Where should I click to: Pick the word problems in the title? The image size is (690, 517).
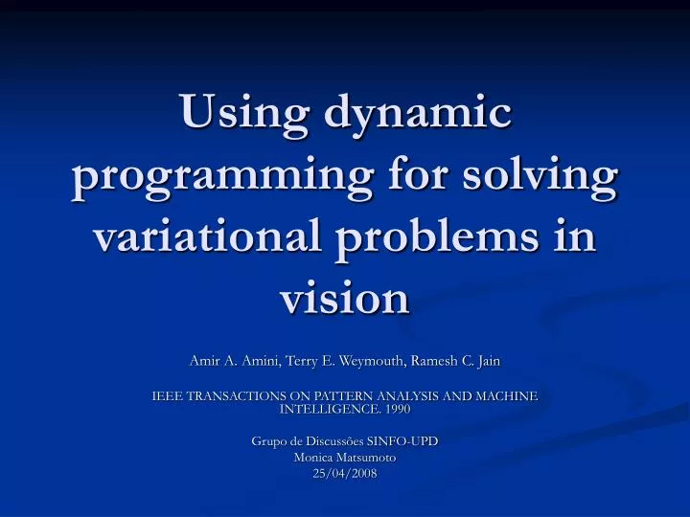[x=447, y=239]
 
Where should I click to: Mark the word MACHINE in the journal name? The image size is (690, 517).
[x=502, y=395]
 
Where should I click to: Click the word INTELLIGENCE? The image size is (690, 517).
[x=325, y=409]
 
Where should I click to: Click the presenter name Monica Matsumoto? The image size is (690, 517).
[x=344, y=458]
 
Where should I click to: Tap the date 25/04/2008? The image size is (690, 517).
[x=344, y=474]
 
